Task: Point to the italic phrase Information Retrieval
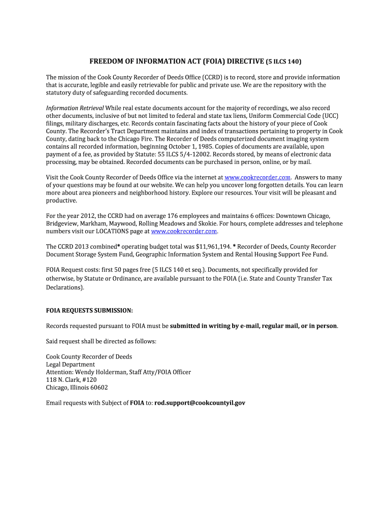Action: pyautogui.click(x=75, y=108)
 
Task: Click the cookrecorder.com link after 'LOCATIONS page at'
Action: pyautogui.click(x=184, y=231)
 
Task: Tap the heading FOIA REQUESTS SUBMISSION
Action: pyautogui.click(x=89, y=310)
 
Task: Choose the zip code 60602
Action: pyautogui.click(x=99, y=387)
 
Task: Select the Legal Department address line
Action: pyautogui.click(x=70, y=365)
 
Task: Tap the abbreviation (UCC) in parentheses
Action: pyautogui.click(x=318, y=116)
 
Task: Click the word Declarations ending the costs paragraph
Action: pyautogui.click(x=64, y=287)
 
